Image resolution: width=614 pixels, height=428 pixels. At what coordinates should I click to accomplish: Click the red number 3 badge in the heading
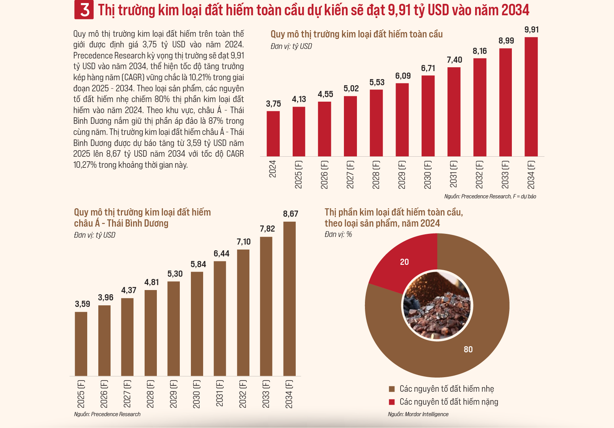tap(84, 10)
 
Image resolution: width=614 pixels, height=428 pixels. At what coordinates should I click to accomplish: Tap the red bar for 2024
tap(273, 134)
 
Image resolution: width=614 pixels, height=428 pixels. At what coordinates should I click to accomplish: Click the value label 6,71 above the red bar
tap(428, 68)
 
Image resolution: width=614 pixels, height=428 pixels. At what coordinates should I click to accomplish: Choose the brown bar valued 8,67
tap(289, 298)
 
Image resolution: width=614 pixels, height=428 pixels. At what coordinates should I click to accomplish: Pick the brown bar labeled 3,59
tap(81, 344)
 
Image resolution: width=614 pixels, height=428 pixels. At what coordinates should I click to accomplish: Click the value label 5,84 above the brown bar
tap(198, 264)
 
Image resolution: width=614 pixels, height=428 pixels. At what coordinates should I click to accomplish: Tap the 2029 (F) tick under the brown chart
tap(173, 394)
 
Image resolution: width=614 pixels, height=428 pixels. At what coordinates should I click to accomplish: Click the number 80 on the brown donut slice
tap(468, 349)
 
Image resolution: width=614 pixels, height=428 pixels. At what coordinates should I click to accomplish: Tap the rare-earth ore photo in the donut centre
tap(437, 306)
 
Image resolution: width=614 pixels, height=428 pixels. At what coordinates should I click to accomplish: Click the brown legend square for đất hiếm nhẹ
tap(392, 389)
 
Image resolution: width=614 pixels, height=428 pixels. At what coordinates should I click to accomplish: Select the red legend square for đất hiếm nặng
tap(392, 402)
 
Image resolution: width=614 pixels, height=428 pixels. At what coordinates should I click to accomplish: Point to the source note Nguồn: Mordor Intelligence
tap(418, 414)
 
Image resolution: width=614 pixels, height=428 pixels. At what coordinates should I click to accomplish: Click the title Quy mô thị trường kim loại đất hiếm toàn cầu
tap(357, 34)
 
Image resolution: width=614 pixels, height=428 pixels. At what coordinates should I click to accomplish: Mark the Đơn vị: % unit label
tap(338, 234)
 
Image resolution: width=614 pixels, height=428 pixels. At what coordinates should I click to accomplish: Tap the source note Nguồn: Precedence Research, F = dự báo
tap(490, 196)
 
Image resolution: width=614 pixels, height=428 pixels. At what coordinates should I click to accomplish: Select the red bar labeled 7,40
tap(454, 112)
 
